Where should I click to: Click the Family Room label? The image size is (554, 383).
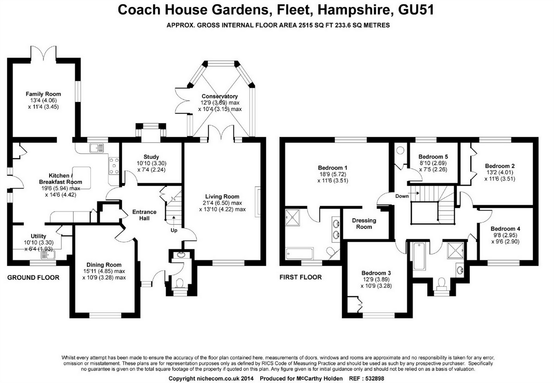[43, 94]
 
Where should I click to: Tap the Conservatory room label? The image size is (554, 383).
[220, 96]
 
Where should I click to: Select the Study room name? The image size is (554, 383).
[151, 157]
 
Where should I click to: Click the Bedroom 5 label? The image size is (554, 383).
[433, 157]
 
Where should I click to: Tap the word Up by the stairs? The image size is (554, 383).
[174, 230]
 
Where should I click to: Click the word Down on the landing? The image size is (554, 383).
[402, 196]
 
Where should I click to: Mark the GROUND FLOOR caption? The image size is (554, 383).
[33, 278]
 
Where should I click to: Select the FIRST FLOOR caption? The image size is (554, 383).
[300, 277]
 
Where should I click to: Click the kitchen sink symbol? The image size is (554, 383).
[96, 148]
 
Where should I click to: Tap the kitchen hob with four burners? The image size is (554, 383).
[114, 165]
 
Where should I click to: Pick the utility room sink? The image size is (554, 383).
[49, 254]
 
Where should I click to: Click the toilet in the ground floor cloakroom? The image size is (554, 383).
[179, 283]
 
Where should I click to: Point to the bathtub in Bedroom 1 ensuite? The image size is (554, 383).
[299, 254]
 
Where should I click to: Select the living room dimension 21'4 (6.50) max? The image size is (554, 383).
[222, 203]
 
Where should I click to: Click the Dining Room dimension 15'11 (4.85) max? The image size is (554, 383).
[103, 271]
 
